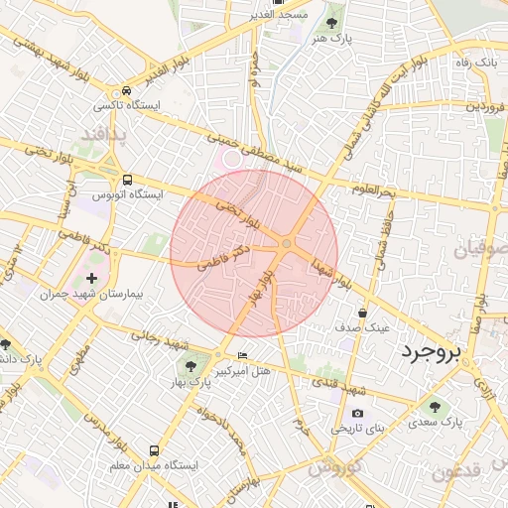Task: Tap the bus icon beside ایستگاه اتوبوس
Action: point(126,180)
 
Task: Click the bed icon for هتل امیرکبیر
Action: point(243,355)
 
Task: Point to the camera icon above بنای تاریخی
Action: point(357,414)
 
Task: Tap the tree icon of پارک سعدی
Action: point(433,406)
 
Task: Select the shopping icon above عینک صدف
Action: point(362,311)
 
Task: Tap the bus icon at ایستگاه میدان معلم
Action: point(153,450)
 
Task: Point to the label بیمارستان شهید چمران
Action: point(95,296)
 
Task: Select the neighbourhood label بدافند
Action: point(102,133)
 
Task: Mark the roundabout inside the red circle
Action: point(287,244)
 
